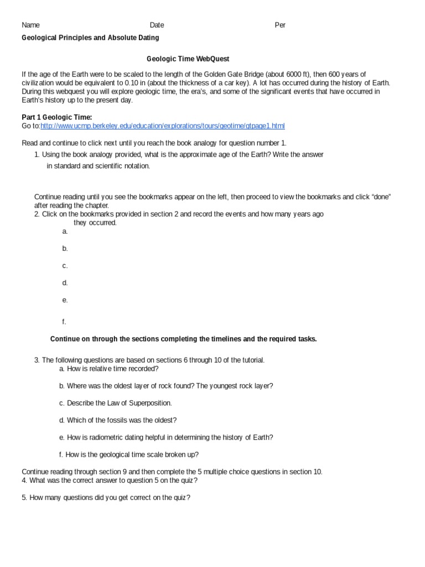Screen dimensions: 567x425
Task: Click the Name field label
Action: [x=30, y=25]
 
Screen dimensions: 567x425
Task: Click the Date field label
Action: [x=157, y=25]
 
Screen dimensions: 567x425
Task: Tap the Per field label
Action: [x=280, y=25]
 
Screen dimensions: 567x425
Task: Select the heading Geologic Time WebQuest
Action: [x=188, y=58]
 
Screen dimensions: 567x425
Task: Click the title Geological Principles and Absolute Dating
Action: [x=90, y=38]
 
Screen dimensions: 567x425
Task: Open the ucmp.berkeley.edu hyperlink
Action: [x=163, y=126]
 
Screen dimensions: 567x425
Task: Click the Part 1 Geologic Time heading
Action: [x=56, y=117]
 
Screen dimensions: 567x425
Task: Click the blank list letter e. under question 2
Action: [x=65, y=300]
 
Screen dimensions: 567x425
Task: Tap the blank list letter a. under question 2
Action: [x=65, y=231]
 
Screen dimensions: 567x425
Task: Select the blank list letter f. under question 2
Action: [x=64, y=322]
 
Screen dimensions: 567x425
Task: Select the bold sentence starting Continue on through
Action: [x=183, y=339]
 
